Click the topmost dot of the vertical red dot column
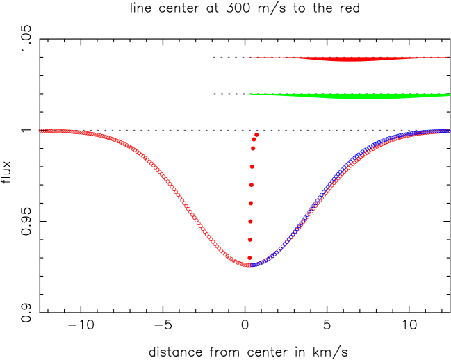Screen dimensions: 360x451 [256, 135]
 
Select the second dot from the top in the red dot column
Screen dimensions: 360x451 [254, 140]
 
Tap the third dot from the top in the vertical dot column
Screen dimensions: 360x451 [253, 148]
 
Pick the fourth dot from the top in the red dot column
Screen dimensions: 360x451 [252, 167]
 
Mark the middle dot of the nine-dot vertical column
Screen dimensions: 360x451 [252, 185]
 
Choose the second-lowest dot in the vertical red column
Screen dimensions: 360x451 [250, 240]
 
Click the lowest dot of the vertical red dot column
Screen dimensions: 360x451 [249, 258]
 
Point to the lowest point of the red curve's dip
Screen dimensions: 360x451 [247, 265]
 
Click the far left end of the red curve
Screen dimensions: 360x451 [40, 130]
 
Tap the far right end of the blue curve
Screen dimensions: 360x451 [448, 130]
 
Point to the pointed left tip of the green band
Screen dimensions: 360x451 [248, 94]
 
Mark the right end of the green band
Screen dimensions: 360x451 [448, 95]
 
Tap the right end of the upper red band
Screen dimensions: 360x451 [448, 57]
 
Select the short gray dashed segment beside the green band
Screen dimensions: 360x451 [229, 94]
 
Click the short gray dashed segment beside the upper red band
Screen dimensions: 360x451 [229, 57]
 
